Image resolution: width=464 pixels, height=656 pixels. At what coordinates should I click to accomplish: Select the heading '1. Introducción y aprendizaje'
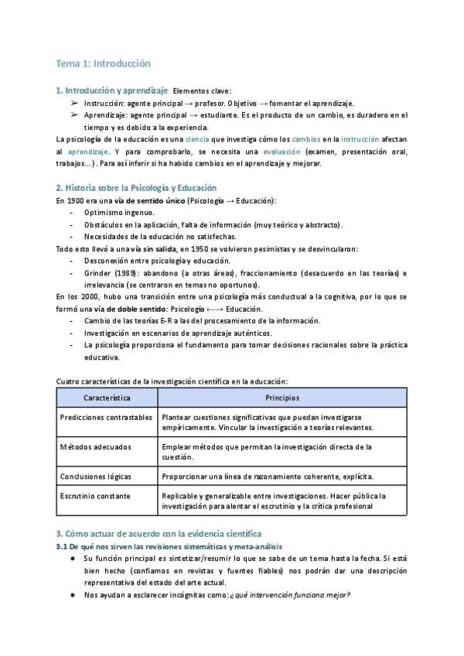[x=112, y=91]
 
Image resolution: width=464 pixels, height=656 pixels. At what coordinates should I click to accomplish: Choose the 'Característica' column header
[x=107, y=397]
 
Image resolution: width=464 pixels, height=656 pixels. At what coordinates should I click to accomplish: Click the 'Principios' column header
[x=282, y=397]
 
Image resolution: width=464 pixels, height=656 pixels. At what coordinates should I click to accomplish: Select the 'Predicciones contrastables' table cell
[x=106, y=417]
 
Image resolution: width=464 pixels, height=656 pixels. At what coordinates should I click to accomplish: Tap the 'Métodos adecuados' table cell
[x=95, y=446]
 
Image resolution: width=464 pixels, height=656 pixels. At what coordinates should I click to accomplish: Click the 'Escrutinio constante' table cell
[x=95, y=495]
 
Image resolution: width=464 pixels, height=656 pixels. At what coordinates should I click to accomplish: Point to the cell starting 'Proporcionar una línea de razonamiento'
[x=268, y=476]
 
